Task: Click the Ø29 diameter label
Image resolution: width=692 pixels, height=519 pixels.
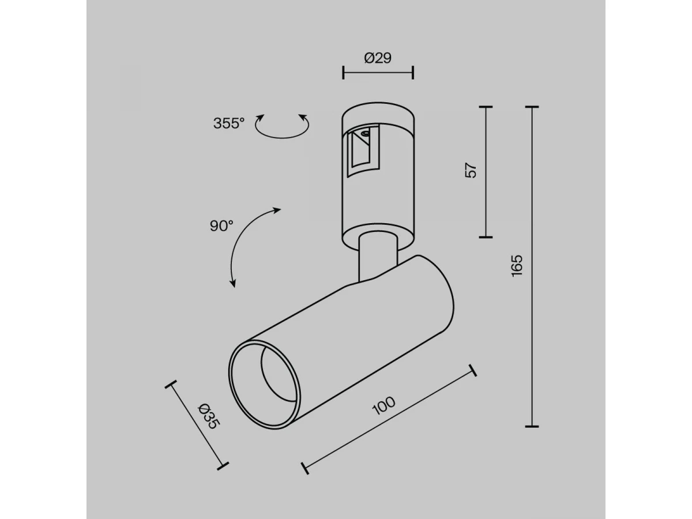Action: pyautogui.click(x=378, y=58)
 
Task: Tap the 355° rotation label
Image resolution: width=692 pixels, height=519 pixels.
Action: pyautogui.click(x=229, y=123)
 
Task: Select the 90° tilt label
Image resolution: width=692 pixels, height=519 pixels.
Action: pyautogui.click(x=221, y=226)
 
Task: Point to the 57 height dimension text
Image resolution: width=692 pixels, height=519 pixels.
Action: pyautogui.click(x=471, y=170)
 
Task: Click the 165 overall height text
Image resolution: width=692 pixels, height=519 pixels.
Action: pyautogui.click(x=517, y=266)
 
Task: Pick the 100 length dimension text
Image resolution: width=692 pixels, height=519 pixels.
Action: pyautogui.click(x=383, y=405)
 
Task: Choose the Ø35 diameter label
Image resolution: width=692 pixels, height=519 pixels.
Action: pyautogui.click(x=208, y=416)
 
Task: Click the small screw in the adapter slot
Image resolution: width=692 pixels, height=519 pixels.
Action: pyautogui.click(x=366, y=134)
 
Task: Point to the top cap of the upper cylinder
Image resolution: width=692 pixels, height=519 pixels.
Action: pyautogui.click(x=378, y=113)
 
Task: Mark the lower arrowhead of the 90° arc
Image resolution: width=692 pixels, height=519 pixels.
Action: pyautogui.click(x=233, y=284)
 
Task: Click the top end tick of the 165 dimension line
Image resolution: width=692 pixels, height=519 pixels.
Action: pyautogui.click(x=532, y=107)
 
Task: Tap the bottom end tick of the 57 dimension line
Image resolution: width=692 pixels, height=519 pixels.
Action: pyautogui.click(x=486, y=237)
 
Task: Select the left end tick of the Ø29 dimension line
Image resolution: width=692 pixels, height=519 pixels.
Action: pyautogui.click(x=343, y=73)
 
